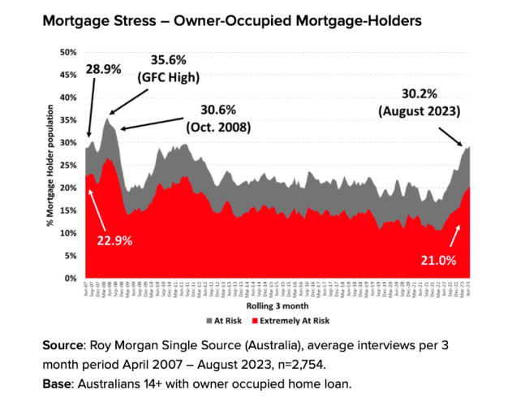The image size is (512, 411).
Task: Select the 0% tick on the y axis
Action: click(x=71, y=279)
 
